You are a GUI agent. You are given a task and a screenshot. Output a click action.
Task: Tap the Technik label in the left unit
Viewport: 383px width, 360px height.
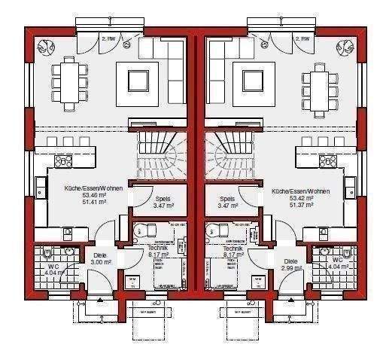click(x=157, y=249)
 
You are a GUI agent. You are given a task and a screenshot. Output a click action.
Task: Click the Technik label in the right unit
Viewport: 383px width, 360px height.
click(x=231, y=249)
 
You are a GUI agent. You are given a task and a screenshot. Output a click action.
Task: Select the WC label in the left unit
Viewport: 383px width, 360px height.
click(x=53, y=266)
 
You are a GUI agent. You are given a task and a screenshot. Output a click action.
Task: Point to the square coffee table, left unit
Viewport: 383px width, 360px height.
click(x=139, y=78)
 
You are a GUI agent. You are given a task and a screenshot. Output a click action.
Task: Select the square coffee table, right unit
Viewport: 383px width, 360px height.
click(x=250, y=78)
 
